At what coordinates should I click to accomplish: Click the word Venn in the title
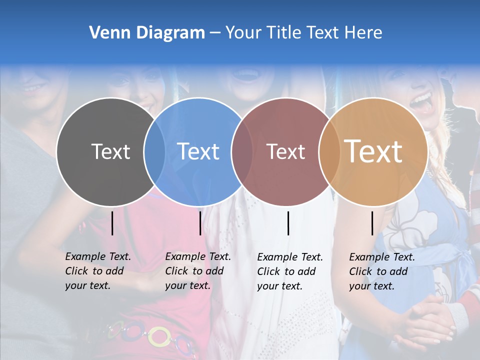click(x=106, y=33)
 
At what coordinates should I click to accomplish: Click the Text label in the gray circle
click(x=110, y=151)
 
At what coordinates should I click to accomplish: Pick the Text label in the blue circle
click(x=198, y=151)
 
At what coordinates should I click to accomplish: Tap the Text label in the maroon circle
click(x=285, y=151)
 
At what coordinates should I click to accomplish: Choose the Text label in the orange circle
click(x=373, y=151)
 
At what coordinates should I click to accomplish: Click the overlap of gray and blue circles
click(x=154, y=152)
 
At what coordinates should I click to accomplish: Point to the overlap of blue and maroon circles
click(x=242, y=152)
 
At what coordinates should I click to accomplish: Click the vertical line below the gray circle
click(x=112, y=223)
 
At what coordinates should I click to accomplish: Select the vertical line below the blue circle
click(x=200, y=223)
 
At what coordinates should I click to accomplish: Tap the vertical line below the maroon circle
click(x=288, y=223)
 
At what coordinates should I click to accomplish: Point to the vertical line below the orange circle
click(x=372, y=223)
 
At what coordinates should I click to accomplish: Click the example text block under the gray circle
click(x=97, y=271)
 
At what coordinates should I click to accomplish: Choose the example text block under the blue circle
click(x=197, y=271)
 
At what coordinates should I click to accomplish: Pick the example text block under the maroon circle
click(x=289, y=271)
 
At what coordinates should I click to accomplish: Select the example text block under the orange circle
click(x=381, y=271)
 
